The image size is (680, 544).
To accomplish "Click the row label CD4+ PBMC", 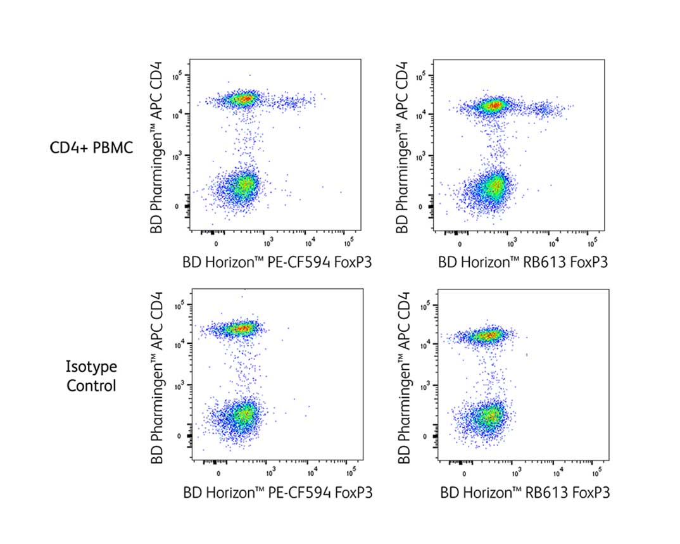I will pos(91,148).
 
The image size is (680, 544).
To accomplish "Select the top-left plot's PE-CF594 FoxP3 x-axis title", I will pos(277,262).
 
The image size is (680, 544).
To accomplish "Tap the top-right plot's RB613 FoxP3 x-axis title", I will pos(523,262).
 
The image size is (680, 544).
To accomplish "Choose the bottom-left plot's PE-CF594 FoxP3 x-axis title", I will pos(277,492).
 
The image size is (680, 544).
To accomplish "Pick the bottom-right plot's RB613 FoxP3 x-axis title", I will pos(525,492).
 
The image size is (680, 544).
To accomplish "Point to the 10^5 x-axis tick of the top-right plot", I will pos(591,243).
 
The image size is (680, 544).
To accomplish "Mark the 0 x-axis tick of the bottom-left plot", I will pos(219,473).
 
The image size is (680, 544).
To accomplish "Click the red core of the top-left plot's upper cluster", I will pos(243,99).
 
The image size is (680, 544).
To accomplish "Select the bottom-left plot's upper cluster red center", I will pos(241,328).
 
